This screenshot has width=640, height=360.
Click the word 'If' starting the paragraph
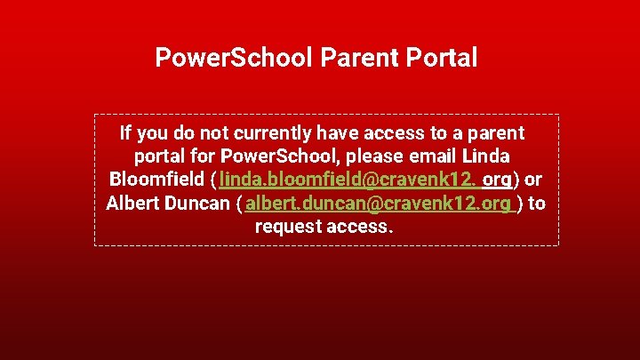pos(125,133)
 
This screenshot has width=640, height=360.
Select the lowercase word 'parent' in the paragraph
pos(495,133)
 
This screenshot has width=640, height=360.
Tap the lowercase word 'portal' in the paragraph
pos(162,156)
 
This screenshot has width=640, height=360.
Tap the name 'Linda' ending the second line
pos(487,156)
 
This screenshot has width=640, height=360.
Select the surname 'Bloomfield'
pos(155,180)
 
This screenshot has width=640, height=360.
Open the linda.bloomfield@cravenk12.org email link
pos(364,180)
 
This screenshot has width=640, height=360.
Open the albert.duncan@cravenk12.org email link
pos(379,203)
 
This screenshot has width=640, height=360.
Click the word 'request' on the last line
pos(288,226)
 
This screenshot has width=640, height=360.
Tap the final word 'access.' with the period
pos(359,226)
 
